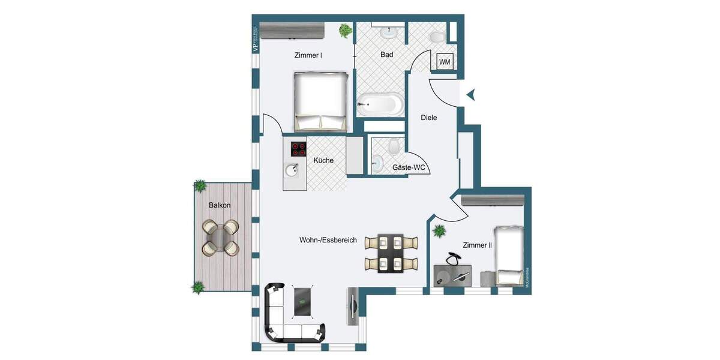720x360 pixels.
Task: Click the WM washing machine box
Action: point(445,62)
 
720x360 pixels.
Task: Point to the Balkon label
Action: point(220,205)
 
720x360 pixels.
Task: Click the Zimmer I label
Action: point(308,55)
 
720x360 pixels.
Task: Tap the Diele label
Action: point(428,118)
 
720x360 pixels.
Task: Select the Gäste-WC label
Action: point(409,167)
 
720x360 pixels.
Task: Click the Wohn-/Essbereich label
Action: point(328,240)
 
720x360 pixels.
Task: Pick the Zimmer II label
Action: point(477,245)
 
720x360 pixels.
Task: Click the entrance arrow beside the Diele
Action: point(471,94)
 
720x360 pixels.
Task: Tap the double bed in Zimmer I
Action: point(320,101)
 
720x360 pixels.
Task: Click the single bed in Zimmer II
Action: point(509,255)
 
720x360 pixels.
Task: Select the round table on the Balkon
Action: point(220,237)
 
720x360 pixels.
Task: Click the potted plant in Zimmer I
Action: point(345,30)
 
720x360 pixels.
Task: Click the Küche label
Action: point(323,160)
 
